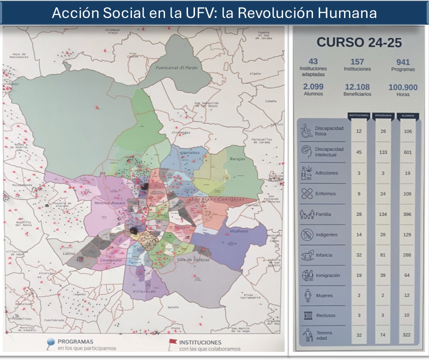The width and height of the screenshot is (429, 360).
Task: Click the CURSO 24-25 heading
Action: pos(358,42)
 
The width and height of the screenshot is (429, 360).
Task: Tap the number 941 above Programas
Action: pos(402,62)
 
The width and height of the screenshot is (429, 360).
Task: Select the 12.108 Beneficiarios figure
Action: pos(357,87)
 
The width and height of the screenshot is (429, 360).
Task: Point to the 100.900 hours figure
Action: pos(402,87)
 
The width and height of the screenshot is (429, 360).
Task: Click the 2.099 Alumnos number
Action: pos(313,87)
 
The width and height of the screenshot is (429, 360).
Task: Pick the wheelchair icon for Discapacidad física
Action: pos(306,131)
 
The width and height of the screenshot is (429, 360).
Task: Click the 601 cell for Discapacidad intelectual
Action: pos(407,152)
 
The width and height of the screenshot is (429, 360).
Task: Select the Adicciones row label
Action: pos(326,173)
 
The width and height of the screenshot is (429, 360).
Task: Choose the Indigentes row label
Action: pos(326,234)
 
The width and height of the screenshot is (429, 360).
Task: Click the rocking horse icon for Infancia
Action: pos(306,255)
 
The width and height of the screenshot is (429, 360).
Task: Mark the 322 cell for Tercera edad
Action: pos(407,334)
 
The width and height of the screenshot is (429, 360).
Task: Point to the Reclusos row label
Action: pos(325,315)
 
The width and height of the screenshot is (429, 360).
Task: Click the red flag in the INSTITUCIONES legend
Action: pos(172,342)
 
